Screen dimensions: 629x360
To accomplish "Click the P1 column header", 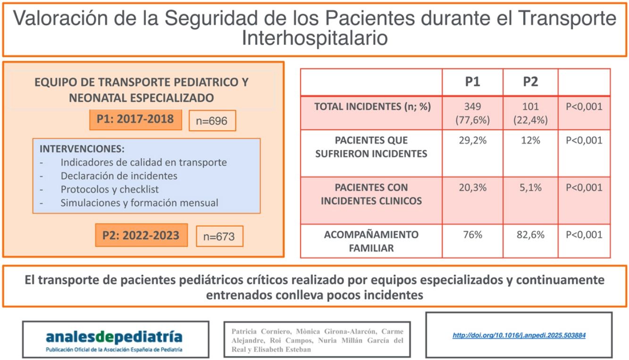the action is pyautogui.click(x=473, y=82).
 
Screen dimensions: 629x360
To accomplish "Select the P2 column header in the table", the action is pyautogui.click(x=530, y=82).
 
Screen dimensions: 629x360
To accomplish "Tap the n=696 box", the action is pyautogui.click(x=212, y=121).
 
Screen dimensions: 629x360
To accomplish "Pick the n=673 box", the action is pyautogui.click(x=219, y=236).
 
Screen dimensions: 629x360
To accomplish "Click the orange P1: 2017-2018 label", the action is pyautogui.click(x=135, y=120).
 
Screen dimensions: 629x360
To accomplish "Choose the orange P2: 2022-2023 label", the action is pyautogui.click(x=141, y=235).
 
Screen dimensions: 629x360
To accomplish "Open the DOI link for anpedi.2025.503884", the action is pyautogui.click(x=519, y=335).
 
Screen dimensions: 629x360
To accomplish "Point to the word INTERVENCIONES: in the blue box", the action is pyautogui.click(x=82, y=149).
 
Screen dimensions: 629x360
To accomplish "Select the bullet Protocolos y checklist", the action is pyautogui.click(x=109, y=189).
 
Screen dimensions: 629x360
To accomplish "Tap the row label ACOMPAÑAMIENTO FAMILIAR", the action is pyautogui.click(x=371, y=241).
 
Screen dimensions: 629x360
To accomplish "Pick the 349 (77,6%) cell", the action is pyautogui.click(x=473, y=113).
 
